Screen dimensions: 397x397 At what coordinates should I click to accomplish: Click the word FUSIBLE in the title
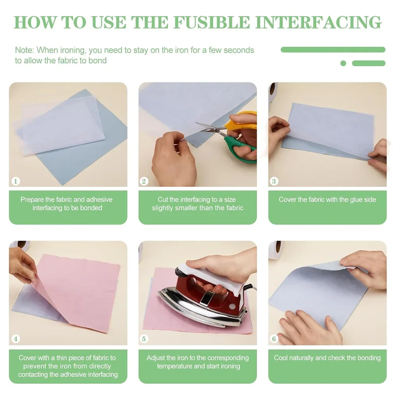click(x=212, y=23)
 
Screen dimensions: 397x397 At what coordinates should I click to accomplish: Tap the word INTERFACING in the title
click(x=318, y=23)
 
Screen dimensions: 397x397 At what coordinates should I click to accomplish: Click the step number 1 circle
click(x=16, y=181)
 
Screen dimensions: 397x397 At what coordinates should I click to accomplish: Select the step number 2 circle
click(x=144, y=181)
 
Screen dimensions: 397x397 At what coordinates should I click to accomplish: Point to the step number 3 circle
click(x=274, y=181)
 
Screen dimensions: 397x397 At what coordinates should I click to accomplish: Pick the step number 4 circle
click(x=16, y=339)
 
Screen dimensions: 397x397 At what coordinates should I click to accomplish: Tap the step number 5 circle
click(x=144, y=339)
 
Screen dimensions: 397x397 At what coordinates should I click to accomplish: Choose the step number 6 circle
click(x=274, y=339)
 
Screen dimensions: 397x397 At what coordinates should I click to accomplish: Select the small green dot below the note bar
click(x=343, y=63)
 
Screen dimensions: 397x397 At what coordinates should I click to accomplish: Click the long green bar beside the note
click(x=333, y=50)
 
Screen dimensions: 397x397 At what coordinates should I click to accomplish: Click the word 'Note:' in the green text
click(x=24, y=50)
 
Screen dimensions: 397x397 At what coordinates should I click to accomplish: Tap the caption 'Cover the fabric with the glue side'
click(x=328, y=200)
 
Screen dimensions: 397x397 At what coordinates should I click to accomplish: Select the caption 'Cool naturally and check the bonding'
click(x=328, y=358)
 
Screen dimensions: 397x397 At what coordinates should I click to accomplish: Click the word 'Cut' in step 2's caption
click(x=163, y=200)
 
